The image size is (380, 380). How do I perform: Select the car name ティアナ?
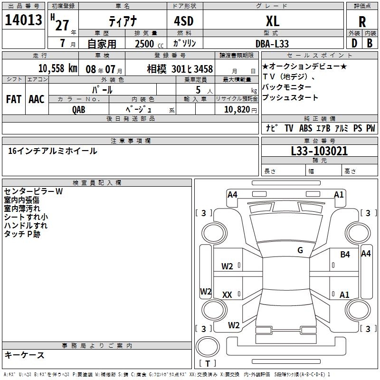point(122,21)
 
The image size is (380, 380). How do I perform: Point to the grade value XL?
point(272,21)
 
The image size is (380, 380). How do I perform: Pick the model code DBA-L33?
point(272,44)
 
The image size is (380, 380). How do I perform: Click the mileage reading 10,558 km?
point(57,68)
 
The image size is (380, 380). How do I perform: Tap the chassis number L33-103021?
point(319,151)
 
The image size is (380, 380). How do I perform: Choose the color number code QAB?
point(79,109)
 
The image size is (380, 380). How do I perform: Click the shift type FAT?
point(14,99)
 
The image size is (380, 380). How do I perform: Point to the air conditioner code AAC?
point(37,99)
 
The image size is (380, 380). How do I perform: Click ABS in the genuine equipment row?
point(305,128)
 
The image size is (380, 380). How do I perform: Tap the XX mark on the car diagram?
point(227,295)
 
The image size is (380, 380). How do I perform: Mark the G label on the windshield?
point(300,250)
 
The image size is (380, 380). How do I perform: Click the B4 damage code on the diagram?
point(345,255)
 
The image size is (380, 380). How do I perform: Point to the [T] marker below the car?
point(208,363)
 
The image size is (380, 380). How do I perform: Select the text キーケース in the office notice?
point(25,355)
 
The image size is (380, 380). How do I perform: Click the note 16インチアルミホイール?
point(53,151)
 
